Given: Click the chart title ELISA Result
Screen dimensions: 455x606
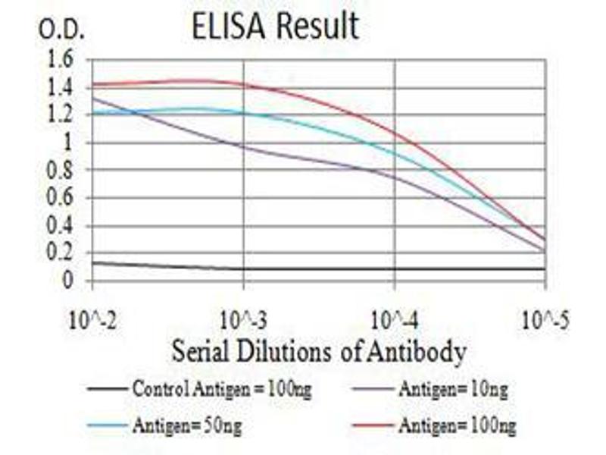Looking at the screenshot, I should click(x=275, y=27).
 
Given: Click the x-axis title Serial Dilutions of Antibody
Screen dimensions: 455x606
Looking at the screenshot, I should click(x=318, y=352).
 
